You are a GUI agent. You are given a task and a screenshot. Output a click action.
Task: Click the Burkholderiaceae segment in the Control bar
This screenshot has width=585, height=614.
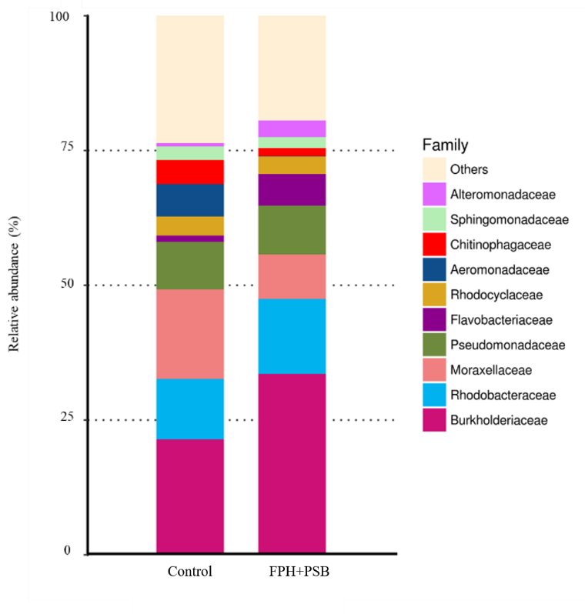point(190,496)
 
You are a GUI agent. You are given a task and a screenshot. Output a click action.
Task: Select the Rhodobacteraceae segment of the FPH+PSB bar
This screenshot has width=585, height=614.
point(292,335)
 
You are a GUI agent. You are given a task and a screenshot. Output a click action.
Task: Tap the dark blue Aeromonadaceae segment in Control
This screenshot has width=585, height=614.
point(190,200)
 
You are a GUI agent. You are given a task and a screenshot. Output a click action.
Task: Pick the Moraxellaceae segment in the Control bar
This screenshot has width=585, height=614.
point(190,334)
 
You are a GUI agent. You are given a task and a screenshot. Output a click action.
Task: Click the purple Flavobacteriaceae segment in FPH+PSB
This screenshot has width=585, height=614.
point(292,189)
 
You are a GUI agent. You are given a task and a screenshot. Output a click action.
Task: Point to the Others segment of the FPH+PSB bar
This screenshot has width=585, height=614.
point(292,68)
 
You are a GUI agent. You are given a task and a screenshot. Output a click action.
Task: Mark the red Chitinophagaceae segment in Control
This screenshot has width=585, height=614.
point(190,172)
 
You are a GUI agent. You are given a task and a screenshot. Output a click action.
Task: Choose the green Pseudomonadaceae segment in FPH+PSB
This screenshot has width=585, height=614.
point(292,229)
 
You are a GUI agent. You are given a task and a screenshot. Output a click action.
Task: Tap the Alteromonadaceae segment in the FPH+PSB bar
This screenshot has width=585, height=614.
point(292,128)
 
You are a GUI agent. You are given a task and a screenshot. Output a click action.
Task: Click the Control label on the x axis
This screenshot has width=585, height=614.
point(189,572)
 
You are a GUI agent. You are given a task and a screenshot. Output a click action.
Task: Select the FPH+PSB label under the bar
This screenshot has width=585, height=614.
point(292,572)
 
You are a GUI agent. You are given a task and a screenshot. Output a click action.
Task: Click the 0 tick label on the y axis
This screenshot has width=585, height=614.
point(68,551)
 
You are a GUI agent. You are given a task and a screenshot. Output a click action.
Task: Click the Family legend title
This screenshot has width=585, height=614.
point(445,145)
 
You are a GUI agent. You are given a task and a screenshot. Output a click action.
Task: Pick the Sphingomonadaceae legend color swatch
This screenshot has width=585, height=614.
point(434,220)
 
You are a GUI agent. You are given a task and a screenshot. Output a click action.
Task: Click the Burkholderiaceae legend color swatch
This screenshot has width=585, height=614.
point(434,420)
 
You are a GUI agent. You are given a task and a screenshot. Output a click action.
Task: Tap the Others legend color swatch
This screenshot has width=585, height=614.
point(434,169)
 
